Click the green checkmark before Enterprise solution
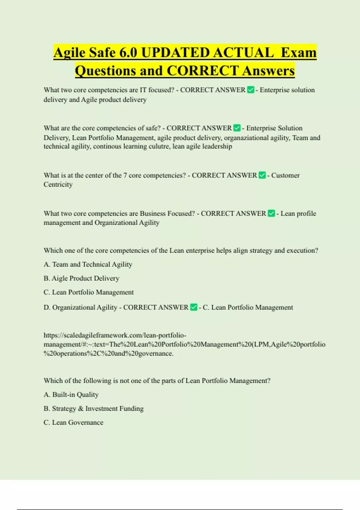tap(250, 90)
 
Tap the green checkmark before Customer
tap(262, 175)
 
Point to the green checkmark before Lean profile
tap(271, 213)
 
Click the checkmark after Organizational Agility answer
tap(194, 307)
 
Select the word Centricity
tap(58, 184)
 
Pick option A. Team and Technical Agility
tap(88, 264)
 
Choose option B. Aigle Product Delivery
tap(81, 278)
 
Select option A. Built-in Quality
tap(71, 394)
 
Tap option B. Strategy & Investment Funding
tap(94, 409)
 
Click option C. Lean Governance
tap(73, 422)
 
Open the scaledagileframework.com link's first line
tap(115, 335)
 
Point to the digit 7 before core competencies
tap(125, 175)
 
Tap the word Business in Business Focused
tap(152, 213)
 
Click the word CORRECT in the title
tap(202, 71)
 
